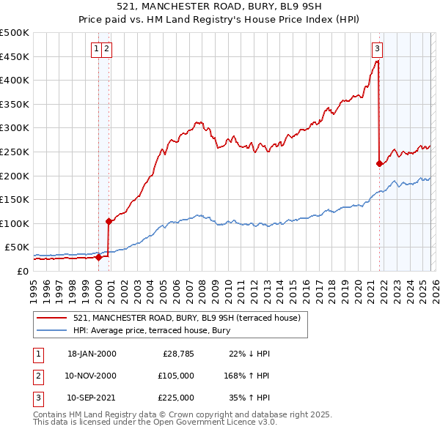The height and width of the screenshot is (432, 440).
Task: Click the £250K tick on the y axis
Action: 15,152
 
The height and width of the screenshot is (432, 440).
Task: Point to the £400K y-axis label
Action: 15,80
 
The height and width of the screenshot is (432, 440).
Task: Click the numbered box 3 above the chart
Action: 377,49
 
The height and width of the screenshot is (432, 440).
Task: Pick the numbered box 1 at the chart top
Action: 97,49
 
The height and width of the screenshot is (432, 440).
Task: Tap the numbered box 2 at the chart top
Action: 107,49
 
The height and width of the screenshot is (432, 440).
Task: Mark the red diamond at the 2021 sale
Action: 379,164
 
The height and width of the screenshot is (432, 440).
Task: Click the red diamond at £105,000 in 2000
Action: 109,220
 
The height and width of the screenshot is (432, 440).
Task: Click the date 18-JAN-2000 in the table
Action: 92,354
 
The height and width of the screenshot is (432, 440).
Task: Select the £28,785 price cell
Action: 177,354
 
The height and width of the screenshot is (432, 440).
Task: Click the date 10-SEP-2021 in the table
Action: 92,398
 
